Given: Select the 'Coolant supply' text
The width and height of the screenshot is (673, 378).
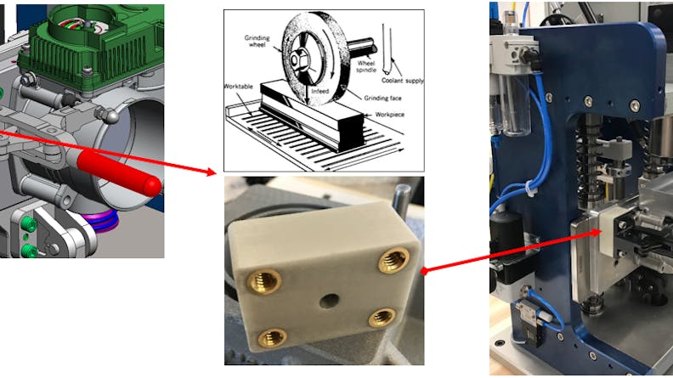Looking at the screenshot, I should pos(401,81).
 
